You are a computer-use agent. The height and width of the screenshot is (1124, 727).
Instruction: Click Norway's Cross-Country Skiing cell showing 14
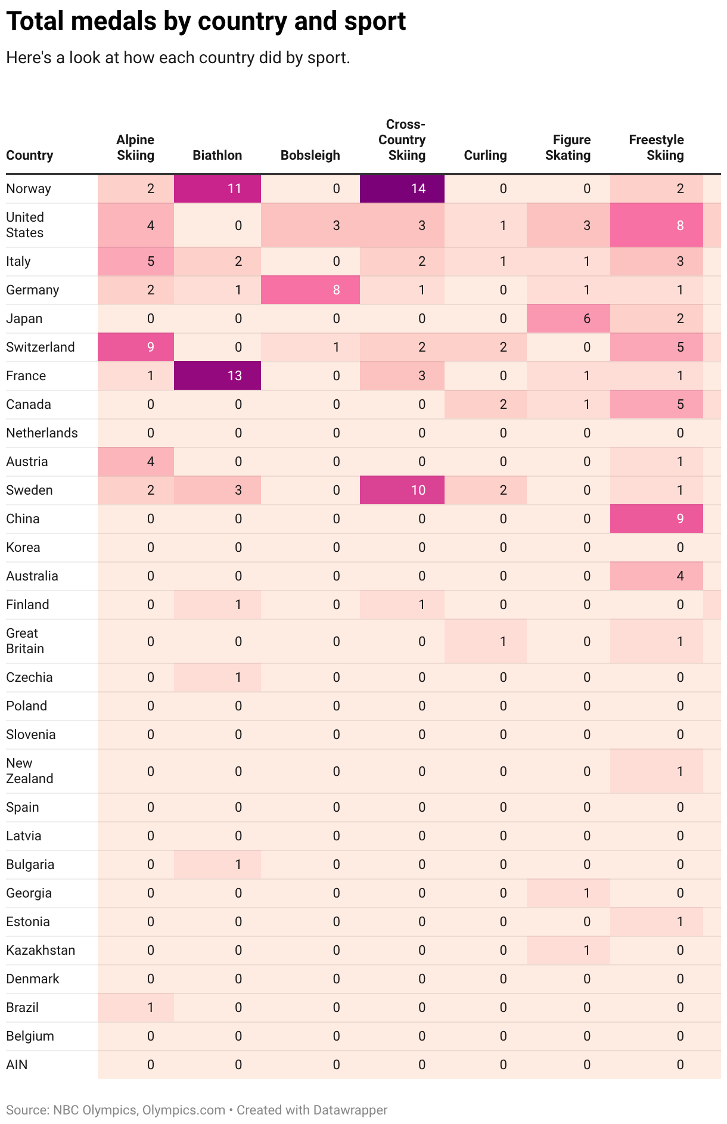coord(402,189)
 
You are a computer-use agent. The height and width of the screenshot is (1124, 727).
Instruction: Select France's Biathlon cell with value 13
coord(218,376)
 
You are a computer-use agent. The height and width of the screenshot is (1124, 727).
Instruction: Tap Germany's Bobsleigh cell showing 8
coord(310,290)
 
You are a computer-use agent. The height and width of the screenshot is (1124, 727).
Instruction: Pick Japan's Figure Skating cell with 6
coord(568,319)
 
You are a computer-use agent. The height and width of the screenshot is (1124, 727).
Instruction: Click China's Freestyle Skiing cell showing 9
coord(657,519)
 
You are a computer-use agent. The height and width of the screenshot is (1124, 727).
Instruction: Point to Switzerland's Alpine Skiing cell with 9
coord(136,347)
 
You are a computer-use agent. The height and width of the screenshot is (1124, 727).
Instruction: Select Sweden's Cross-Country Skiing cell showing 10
coord(402,490)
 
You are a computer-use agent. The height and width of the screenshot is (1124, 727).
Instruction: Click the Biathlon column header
coord(217,156)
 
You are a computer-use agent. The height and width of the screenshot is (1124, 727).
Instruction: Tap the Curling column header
coord(485,156)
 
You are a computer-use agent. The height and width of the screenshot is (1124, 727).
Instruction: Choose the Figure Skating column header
coord(568,148)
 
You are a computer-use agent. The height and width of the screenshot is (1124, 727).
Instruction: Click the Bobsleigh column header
coord(310,156)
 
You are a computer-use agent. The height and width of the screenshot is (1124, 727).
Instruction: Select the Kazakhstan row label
coord(41,951)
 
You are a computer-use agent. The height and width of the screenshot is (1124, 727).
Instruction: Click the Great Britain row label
coord(25,641)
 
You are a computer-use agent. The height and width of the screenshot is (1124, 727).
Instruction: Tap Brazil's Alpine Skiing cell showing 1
coord(136,1008)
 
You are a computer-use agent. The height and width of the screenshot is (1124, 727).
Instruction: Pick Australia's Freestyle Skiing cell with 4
coord(657,576)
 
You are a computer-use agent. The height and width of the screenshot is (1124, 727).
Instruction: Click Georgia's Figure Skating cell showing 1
coord(568,893)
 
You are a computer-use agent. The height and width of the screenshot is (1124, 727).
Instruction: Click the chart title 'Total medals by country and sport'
coord(206,21)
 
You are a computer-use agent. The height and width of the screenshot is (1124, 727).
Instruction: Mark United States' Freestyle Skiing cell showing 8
coord(657,225)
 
